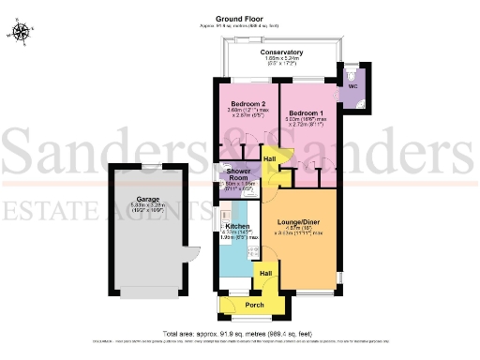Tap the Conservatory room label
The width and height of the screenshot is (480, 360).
tap(281, 52)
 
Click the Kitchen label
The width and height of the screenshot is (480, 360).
tap(236, 226)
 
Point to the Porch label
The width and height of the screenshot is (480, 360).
tap(254, 306)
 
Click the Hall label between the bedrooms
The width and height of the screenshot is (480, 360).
tap(269, 160)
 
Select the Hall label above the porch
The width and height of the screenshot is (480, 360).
tap(265, 274)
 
